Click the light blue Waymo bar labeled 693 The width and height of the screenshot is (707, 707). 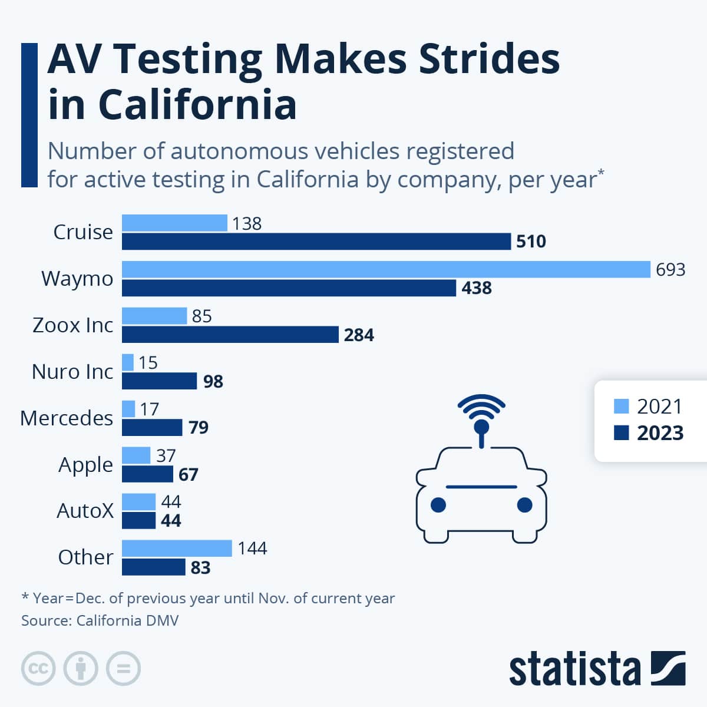tap(386, 269)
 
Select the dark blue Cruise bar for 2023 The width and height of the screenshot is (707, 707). tap(316, 242)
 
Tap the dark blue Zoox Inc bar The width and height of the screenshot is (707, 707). tap(230, 335)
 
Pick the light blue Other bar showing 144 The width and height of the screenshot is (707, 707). tap(177, 549)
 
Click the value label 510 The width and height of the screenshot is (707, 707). tap(531, 242)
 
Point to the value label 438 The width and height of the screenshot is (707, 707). tap(476, 288)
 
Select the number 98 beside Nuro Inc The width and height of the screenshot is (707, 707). tap(213, 381)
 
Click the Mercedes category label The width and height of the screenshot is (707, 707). tap(67, 418)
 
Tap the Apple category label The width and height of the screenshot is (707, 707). tap(85, 465)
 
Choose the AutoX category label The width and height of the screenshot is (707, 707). tap(85, 511)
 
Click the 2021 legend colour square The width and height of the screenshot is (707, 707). tap(621, 407)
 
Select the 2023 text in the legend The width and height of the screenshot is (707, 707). tap(660, 433)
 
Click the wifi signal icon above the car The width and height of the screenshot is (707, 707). tap(481, 408)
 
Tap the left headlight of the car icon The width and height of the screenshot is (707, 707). tap(438, 505)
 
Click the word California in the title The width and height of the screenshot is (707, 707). tap(197, 105)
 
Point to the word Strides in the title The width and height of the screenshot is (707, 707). tap(488, 59)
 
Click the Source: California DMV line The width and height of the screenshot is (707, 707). tap(100, 620)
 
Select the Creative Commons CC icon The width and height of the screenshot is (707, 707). tap(38, 669)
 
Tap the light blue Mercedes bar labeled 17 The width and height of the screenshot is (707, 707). tap(128, 409)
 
